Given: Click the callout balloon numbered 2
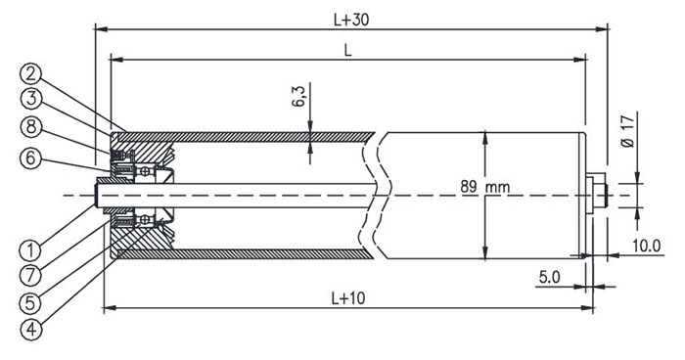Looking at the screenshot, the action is (x=30, y=74).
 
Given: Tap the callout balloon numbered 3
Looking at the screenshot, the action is (x=31, y=99).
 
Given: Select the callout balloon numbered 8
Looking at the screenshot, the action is (x=31, y=127).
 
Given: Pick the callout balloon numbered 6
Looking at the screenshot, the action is (x=30, y=157).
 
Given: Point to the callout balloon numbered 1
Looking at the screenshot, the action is (x=30, y=250).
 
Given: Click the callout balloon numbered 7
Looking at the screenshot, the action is (x=30, y=275).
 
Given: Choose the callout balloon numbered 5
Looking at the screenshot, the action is (x=30, y=302).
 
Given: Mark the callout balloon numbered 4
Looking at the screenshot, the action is (x=31, y=330).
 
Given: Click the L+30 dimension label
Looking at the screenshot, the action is (x=351, y=20).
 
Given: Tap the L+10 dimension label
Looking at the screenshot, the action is (x=348, y=298).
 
